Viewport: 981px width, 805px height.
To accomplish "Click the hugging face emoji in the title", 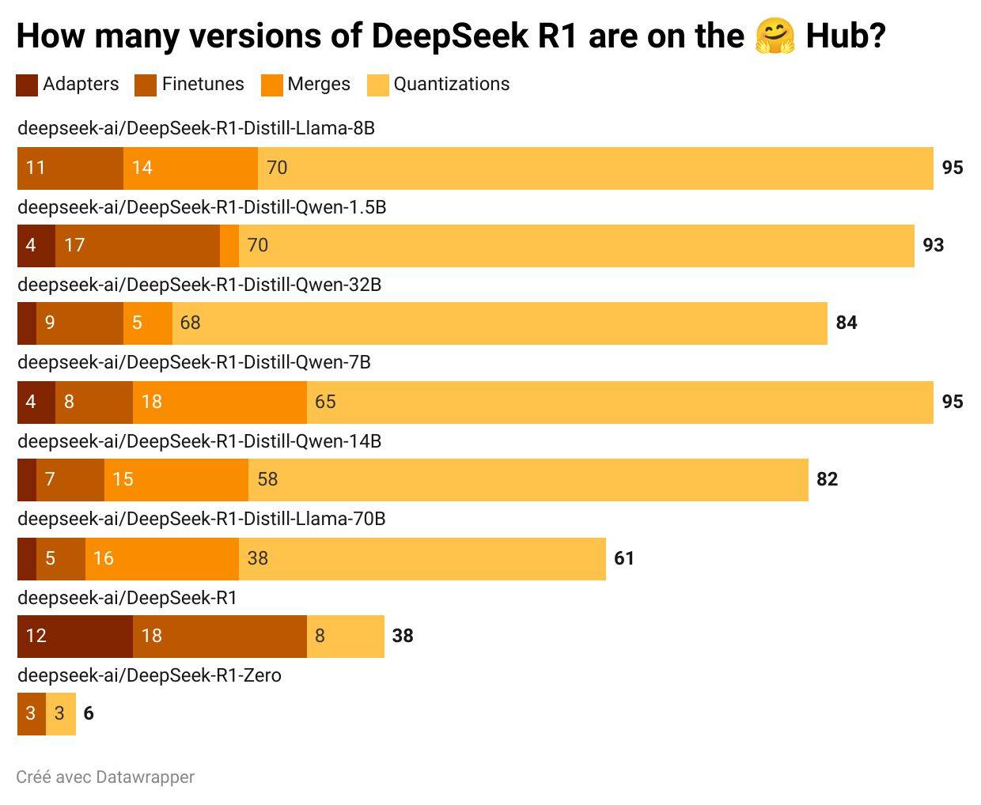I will tap(775, 36).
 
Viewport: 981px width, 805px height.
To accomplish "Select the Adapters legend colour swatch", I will tap(27, 85).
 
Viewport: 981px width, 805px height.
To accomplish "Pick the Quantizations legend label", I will tap(451, 85).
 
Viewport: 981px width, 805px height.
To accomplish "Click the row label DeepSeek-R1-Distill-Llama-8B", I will tap(195, 128).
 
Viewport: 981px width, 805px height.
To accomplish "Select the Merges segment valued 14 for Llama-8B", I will tap(191, 168).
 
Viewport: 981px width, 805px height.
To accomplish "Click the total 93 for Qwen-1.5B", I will tap(934, 245).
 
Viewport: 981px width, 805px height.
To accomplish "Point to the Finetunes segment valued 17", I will tap(138, 245).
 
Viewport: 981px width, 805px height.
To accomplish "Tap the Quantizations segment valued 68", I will tap(499, 323).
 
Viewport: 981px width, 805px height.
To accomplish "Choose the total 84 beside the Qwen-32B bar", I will tap(847, 323).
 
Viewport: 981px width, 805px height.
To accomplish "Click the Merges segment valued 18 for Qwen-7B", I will tap(220, 402).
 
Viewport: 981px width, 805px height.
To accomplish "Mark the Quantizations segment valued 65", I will tap(619, 402).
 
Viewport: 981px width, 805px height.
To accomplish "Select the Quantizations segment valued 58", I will tap(528, 479).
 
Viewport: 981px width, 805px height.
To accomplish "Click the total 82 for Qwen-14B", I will tap(827, 479).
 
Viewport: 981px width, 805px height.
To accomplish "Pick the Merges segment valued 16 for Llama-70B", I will tap(161, 558).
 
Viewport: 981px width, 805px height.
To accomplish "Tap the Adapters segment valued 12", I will tap(75, 636).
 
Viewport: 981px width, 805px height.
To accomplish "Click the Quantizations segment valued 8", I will tap(345, 636).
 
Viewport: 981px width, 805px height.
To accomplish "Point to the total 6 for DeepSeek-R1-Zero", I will tap(89, 713).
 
